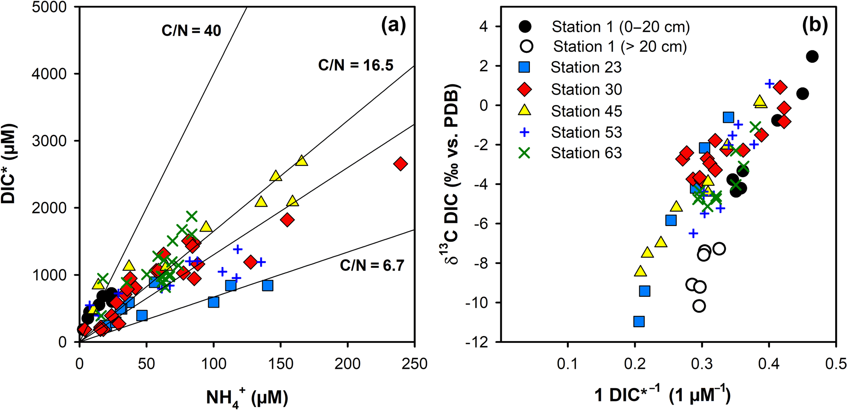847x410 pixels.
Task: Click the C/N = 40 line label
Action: (191, 31)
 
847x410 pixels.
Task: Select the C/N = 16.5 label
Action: (356, 65)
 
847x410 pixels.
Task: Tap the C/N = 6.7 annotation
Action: (372, 266)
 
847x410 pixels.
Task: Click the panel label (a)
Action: (393, 25)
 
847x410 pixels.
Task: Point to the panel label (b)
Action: (814, 25)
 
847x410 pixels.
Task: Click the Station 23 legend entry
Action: (586, 67)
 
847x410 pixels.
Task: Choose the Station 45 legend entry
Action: (586, 111)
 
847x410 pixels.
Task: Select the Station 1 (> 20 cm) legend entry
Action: (620, 46)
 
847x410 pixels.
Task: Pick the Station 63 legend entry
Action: (586, 153)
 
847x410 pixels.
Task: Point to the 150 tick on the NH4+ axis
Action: (280, 363)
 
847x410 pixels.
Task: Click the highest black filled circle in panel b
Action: (812, 57)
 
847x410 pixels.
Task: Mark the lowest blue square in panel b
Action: (639, 321)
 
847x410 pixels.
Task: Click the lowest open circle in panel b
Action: (699, 306)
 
